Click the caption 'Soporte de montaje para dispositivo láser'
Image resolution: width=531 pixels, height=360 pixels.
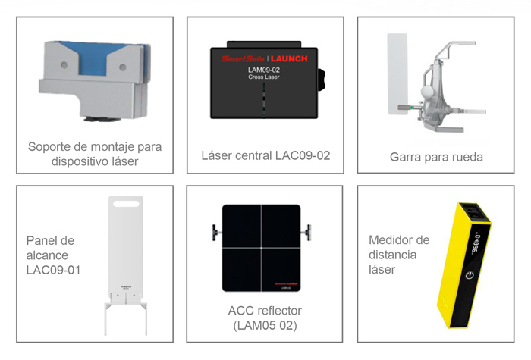(95, 154)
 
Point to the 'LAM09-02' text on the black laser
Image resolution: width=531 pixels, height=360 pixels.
(264, 70)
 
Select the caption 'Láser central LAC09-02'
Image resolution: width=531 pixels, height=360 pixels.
(265, 156)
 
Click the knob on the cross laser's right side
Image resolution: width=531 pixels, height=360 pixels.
(323, 76)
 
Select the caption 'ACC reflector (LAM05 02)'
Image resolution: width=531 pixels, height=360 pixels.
(265, 318)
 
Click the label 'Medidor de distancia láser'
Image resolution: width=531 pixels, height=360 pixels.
(399, 254)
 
